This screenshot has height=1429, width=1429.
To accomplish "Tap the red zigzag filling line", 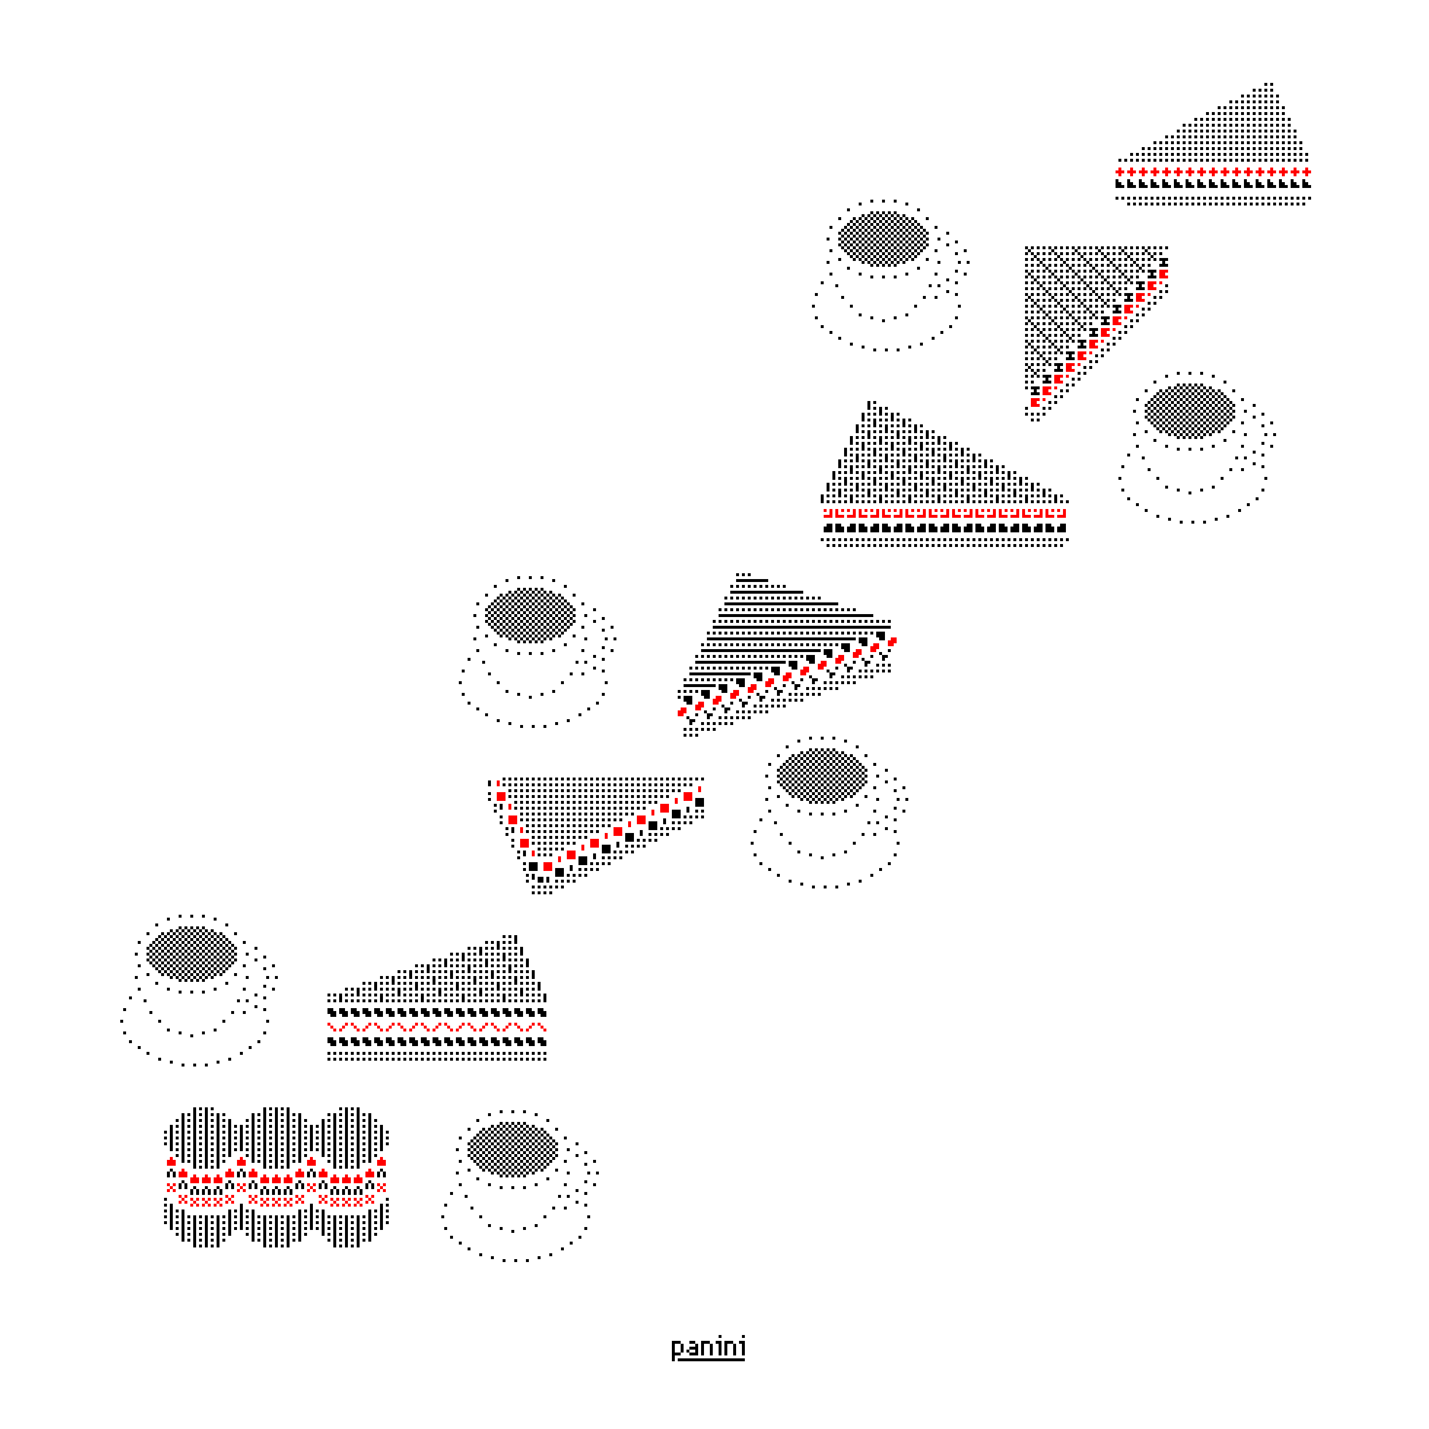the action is [x=437, y=1027].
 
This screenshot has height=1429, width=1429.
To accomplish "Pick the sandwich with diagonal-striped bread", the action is [x=1096, y=333].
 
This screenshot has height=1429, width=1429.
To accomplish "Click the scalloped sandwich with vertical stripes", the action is [x=277, y=1177].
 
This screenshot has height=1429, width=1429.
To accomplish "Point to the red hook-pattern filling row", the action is [x=944, y=513].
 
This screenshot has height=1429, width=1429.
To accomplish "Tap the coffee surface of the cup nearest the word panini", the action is [x=513, y=1149].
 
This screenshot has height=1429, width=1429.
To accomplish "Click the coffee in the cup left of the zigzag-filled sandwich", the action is [x=191, y=953].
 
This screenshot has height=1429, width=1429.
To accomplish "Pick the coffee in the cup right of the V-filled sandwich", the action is [x=822, y=776].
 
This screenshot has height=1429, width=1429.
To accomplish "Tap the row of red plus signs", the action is [x=1213, y=172].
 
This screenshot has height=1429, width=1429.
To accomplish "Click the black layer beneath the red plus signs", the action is [x=1213, y=184].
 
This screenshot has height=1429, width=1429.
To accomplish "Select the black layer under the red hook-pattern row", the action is [x=944, y=528].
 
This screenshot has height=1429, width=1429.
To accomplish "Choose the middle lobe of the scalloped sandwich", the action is [x=277, y=1177].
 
